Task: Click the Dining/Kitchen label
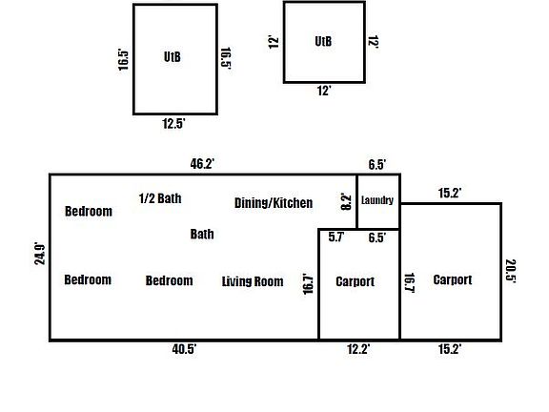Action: click(x=274, y=203)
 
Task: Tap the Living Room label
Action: click(x=253, y=281)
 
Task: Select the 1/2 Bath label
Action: click(x=160, y=198)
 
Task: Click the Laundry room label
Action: click(x=377, y=200)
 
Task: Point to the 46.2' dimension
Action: click(x=202, y=164)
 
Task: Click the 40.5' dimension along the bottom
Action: click(x=184, y=349)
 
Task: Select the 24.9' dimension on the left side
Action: click(x=40, y=254)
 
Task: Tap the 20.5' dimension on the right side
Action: click(x=511, y=270)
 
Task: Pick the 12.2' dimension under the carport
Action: click(x=358, y=349)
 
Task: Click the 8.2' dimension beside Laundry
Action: click(x=346, y=202)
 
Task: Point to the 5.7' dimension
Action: click(x=336, y=237)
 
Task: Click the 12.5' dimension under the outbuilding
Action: click(x=173, y=123)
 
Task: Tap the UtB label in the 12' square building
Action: click(x=323, y=41)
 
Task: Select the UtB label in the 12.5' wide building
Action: click(x=173, y=57)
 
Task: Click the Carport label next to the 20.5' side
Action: click(x=453, y=279)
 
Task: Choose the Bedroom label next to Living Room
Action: click(x=169, y=280)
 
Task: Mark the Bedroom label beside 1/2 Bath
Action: click(x=89, y=212)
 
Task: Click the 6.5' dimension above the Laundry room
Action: click(x=377, y=164)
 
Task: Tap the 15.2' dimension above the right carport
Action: click(x=450, y=193)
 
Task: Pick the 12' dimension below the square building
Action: click(x=324, y=91)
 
